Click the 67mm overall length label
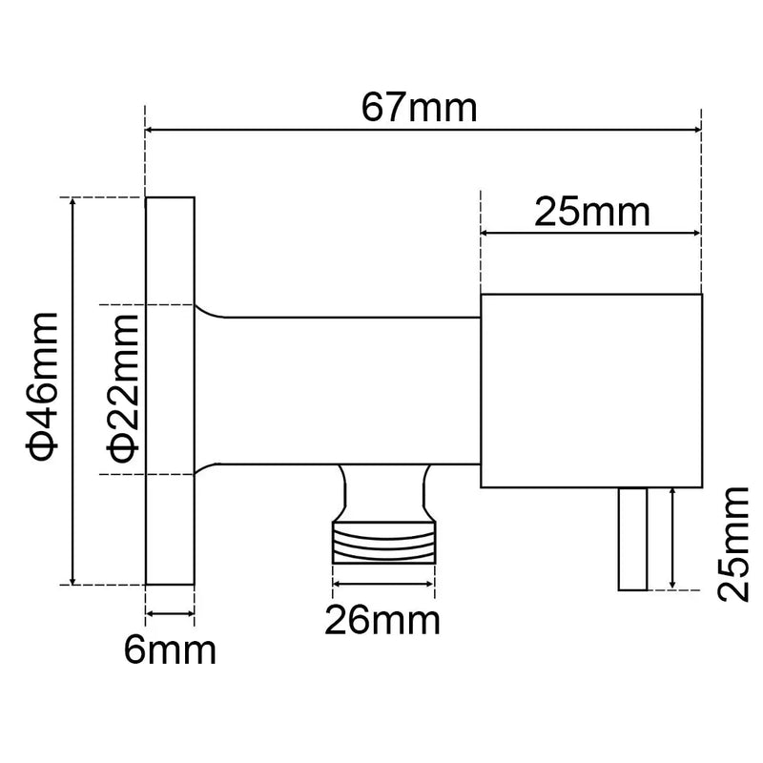pos(419,107)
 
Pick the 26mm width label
pos(382,621)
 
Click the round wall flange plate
pos(170,391)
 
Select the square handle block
pos(591,391)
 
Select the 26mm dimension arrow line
pos(383,584)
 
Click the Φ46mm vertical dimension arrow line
pos(73,391)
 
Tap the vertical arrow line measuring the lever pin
pos(674,536)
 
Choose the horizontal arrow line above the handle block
pos(591,232)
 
